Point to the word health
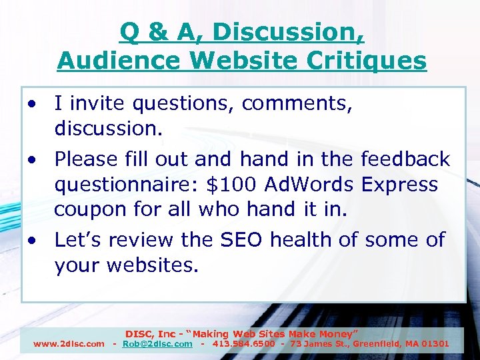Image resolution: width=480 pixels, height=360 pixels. (310, 239)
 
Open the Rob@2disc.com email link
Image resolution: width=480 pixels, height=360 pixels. (157, 344)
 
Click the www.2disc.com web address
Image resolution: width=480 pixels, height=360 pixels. (69, 344)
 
